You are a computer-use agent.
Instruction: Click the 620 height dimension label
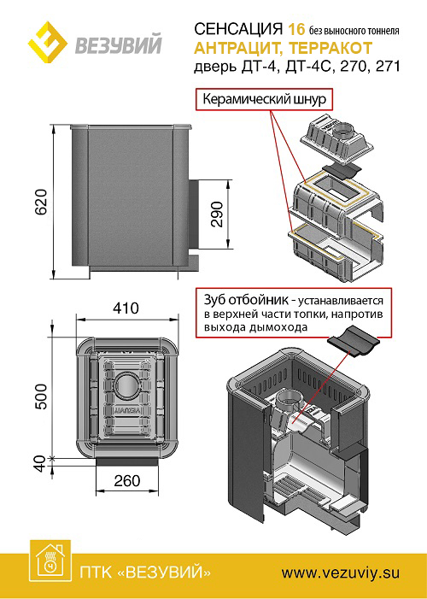(x=41, y=202)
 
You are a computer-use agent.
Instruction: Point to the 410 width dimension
(x=126, y=308)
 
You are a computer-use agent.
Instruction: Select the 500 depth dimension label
(x=41, y=396)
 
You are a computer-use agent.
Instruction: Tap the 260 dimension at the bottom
(x=126, y=480)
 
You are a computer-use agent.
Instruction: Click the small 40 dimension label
(x=41, y=463)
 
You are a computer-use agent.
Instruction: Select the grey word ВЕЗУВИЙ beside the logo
(x=118, y=44)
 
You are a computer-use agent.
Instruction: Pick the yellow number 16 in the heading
(x=296, y=29)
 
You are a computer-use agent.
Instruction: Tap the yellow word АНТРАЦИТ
(x=238, y=48)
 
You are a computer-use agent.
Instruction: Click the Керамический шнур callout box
(x=264, y=99)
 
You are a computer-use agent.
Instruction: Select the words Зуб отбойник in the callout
(x=246, y=300)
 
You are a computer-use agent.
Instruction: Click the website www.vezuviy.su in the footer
(x=341, y=573)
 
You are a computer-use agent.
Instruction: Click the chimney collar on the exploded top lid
(x=346, y=132)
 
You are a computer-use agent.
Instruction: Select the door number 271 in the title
(x=388, y=67)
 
